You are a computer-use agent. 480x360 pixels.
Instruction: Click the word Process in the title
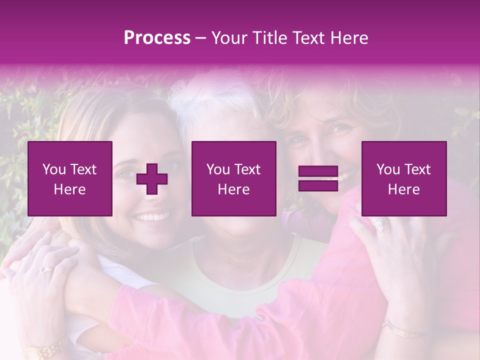click(157, 38)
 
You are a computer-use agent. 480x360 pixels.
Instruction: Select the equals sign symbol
click(318, 179)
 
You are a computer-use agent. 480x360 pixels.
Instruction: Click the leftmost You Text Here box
click(70, 178)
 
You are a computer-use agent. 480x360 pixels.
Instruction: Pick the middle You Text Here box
click(233, 178)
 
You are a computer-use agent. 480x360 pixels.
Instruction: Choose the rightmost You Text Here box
click(404, 178)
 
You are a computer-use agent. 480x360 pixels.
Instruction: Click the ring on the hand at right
click(378, 224)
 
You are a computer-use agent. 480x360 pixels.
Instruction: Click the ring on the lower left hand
click(45, 269)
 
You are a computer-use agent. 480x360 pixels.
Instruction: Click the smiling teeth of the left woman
click(152, 217)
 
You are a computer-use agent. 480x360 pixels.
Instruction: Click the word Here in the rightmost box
click(403, 189)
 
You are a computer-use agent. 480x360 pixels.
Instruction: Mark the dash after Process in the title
click(201, 38)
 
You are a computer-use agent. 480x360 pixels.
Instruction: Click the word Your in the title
click(229, 38)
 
